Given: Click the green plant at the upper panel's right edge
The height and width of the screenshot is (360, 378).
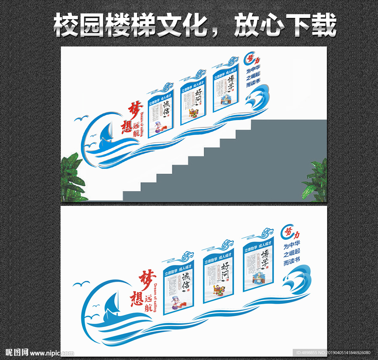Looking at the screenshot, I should point(317,181).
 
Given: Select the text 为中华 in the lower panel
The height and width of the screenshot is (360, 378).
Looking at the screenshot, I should point(292,245).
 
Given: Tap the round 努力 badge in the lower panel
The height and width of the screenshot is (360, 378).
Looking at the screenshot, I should point(289,232).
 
